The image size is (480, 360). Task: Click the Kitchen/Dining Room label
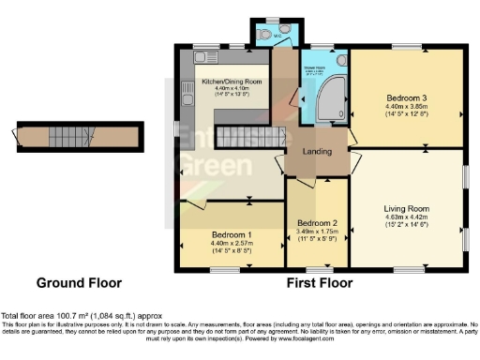point(232,82)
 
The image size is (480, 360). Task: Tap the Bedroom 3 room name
point(407,97)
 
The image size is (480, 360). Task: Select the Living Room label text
point(407,208)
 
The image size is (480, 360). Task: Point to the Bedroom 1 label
point(231,233)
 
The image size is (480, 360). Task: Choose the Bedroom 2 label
point(317,222)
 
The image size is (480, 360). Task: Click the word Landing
point(318,153)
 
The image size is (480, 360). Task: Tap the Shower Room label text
point(313,67)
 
